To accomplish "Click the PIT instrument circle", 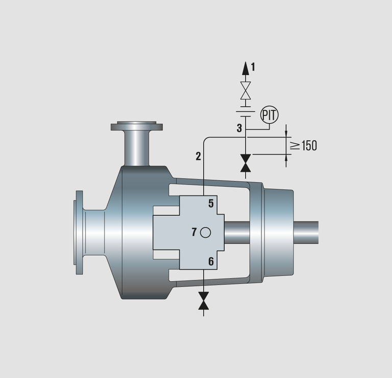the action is point(269,115).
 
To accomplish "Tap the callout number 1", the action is point(253,67).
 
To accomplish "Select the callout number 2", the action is point(198,157).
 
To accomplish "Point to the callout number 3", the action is point(239,128).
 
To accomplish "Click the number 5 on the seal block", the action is point(211,204).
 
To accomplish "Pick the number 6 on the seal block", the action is point(211,261).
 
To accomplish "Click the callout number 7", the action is point(194,232).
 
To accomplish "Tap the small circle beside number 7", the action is point(206,233).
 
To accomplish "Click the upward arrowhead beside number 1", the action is point(246,68).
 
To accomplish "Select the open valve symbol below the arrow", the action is point(246,90).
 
